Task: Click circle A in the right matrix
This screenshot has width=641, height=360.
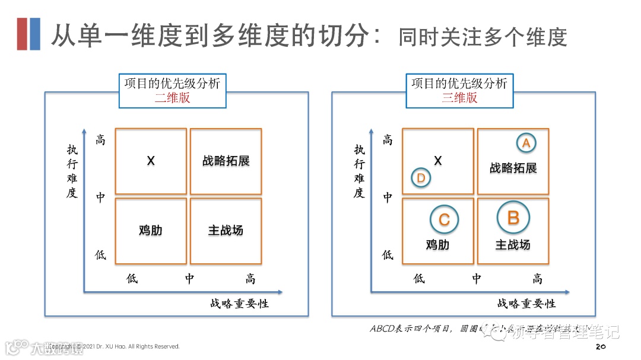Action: (525, 143)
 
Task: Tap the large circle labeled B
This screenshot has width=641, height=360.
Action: (513, 218)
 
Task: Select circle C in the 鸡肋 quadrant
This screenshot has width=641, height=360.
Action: (444, 220)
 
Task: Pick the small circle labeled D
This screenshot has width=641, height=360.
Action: (421, 178)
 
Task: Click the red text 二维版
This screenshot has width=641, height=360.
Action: (172, 98)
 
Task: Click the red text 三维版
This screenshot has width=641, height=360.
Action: (459, 98)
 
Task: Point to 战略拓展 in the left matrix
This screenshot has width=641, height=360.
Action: (226, 161)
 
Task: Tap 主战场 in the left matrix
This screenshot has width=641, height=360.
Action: (226, 230)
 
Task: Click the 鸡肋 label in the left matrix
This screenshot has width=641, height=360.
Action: (150, 230)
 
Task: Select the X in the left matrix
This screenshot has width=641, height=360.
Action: (151, 161)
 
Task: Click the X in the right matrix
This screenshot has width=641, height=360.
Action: (438, 161)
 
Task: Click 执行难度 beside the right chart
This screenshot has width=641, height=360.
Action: (359, 171)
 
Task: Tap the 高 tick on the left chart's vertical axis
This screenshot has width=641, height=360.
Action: (101, 141)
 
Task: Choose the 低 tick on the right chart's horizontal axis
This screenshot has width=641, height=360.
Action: (419, 279)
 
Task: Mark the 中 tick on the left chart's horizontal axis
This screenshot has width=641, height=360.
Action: (189, 279)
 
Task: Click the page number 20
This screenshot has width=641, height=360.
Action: (599, 346)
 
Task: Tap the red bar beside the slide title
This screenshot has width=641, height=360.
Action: (22, 34)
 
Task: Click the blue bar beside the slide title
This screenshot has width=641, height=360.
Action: (35, 34)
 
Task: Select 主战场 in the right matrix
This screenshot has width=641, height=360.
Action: (513, 244)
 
